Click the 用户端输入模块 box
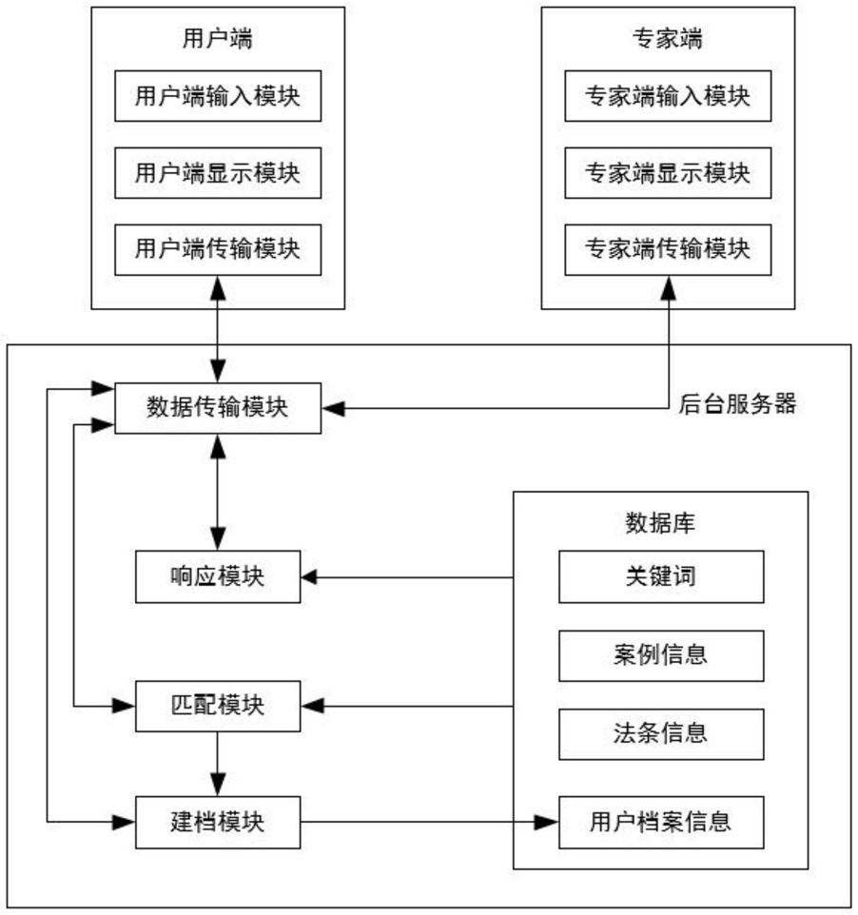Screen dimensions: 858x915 coord(218,96)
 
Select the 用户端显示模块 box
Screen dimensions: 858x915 coord(218,173)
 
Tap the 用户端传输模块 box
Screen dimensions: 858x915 coord(218,250)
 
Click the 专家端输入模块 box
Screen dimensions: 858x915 coord(668,96)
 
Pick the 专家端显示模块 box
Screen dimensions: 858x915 coord(668,173)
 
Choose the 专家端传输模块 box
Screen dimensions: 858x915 coord(668,250)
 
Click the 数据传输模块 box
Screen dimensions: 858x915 coord(218,408)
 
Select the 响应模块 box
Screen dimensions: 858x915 coord(218,576)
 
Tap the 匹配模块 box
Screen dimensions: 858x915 coord(218,706)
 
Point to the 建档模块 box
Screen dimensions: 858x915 coord(218,822)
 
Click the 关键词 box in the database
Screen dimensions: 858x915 coord(661,576)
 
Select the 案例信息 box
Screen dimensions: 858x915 coord(661,656)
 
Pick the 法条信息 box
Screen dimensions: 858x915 coord(661,734)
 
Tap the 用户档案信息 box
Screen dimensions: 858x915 coord(661,822)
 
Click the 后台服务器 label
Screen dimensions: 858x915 coord(737,404)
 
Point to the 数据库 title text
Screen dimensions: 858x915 coord(660,523)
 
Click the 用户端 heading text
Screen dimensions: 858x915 coord(218,38)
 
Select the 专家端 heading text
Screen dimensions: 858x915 coord(668,38)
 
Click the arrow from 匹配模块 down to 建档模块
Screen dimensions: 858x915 coord(218,764)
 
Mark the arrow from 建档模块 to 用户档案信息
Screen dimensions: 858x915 coord(430,822)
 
